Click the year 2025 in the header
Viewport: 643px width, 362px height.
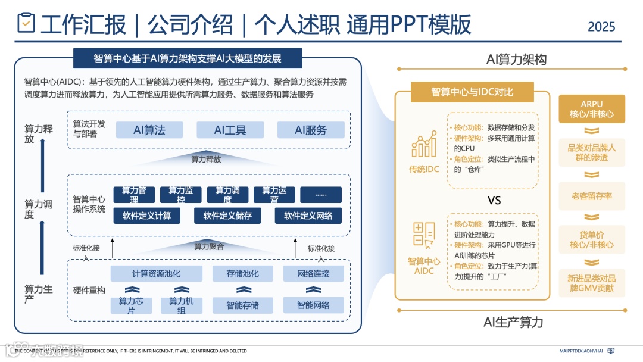pyautogui.click(x=601, y=27)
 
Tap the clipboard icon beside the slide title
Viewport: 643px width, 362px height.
pyautogui.click(x=26, y=23)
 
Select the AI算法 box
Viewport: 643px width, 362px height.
pyautogui.click(x=149, y=130)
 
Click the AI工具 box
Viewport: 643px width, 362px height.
pyautogui.click(x=230, y=130)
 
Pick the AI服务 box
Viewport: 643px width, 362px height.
pyautogui.click(x=311, y=130)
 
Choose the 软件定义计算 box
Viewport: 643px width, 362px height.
pyautogui.click(x=146, y=216)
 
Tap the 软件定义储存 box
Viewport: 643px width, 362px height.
pyautogui.click(x=227, y=216)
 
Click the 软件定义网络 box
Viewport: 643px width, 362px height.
pyautogui.click(x=308, y=216)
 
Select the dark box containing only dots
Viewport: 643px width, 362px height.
pyautogui.click(x=321, y=195)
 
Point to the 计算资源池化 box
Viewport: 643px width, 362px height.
pyautogui.click(x=157, y=274)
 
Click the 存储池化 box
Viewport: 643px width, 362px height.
pyautogui.click(x=242, y=274)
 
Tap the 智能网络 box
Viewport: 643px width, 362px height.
pyautogui.click(x=314, y=305)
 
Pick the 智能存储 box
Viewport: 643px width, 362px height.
pyautogui.click(x=242, y=305)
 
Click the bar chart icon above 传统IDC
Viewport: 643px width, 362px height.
pyautogui.click(x=423, y=145)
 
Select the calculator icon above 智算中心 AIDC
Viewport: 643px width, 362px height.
pyautogui.click(x=424, y=235)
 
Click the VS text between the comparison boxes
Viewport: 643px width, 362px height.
pyautogui.click(x=494, y=201)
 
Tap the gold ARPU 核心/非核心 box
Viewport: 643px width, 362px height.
pyautogui.click(x=592, y=109)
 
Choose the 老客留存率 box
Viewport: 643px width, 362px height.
pyautogui.click(x=592, y=196)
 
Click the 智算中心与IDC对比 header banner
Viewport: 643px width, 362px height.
pyautogui.click(x=480, y=92)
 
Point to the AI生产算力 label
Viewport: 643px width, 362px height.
pyautogui.click(x=513, y=323)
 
